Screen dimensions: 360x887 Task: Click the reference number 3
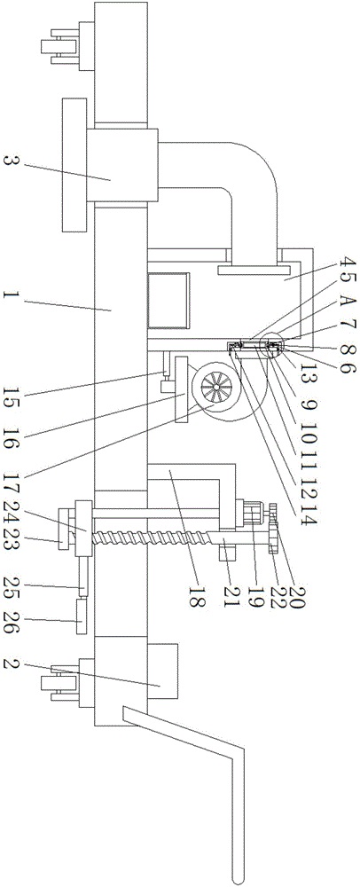[x=12, y=161]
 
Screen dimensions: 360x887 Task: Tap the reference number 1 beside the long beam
[x=12, y=294]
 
